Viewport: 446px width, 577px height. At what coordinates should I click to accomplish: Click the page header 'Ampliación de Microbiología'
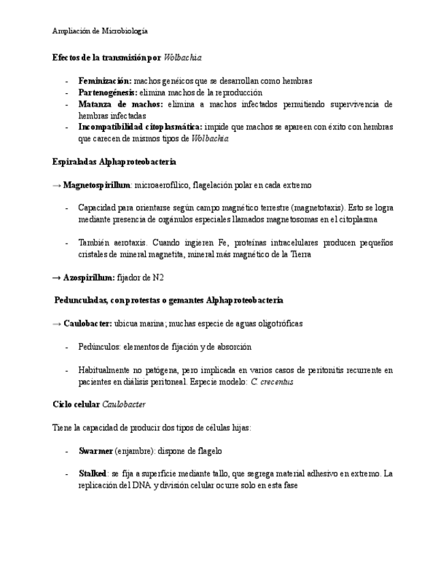click(100, 31)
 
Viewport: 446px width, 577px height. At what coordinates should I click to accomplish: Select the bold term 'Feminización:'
click(105, 81)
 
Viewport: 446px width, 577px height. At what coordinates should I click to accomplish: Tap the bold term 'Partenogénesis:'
click(108, 93)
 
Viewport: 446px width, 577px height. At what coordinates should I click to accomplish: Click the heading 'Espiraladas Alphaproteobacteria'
click(114, 162)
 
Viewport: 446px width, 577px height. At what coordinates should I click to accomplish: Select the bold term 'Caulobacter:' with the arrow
click(87, 324)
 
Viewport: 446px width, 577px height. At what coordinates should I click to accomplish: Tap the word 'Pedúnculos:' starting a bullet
click(99, 347)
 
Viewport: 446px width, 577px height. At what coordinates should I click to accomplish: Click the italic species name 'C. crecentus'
click(272, 382)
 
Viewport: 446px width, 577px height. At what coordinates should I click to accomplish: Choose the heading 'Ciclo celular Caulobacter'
click(99, 404)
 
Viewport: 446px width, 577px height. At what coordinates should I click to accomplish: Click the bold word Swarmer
click(95, 451)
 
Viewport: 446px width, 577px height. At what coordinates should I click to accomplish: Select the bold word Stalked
click(93, 474)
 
